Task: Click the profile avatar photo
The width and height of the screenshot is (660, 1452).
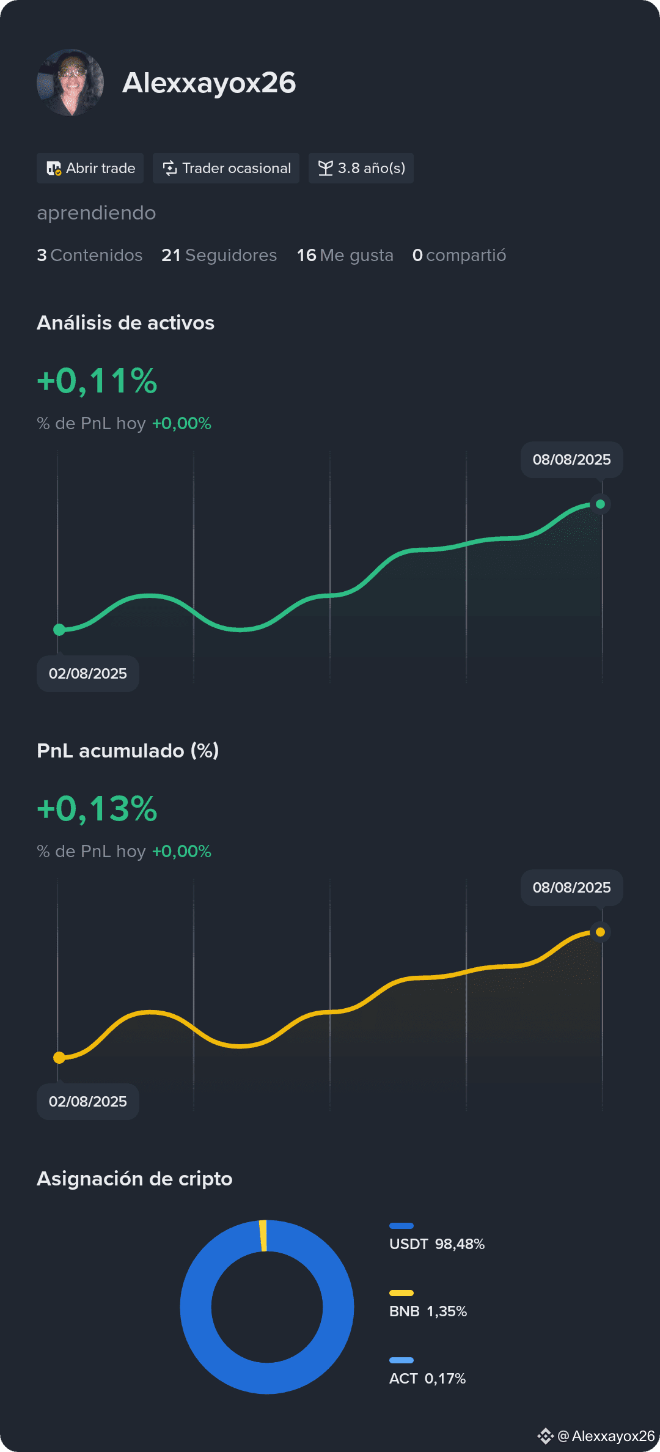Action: coord(70,83)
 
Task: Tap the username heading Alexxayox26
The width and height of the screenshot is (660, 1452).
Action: coord(209,83)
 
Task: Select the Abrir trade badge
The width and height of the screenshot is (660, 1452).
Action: coord(90,168)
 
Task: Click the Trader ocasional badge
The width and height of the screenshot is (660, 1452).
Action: coord(226,168)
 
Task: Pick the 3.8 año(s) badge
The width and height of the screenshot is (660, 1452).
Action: coord(361,168)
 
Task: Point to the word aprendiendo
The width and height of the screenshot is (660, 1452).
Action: coord(97,213)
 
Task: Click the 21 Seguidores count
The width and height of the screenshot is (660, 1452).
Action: coord(219,255)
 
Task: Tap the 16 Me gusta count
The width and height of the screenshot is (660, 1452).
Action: coord(345,255)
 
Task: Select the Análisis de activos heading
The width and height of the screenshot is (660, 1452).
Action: coord(126,323)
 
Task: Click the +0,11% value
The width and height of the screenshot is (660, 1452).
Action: coord(97,381)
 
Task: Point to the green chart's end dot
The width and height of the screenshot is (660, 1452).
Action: coord(600,504)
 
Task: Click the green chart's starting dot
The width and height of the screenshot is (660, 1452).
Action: coord(59,630)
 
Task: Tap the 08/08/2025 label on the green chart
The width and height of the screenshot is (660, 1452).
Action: coord(572,460)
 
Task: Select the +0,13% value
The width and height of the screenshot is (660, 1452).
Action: coord(97,809)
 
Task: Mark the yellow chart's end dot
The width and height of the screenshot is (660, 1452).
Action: coord(600,932)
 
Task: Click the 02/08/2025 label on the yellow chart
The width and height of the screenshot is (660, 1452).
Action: coord(88,1102)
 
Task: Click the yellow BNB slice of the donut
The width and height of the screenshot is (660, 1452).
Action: coord(263,1236)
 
